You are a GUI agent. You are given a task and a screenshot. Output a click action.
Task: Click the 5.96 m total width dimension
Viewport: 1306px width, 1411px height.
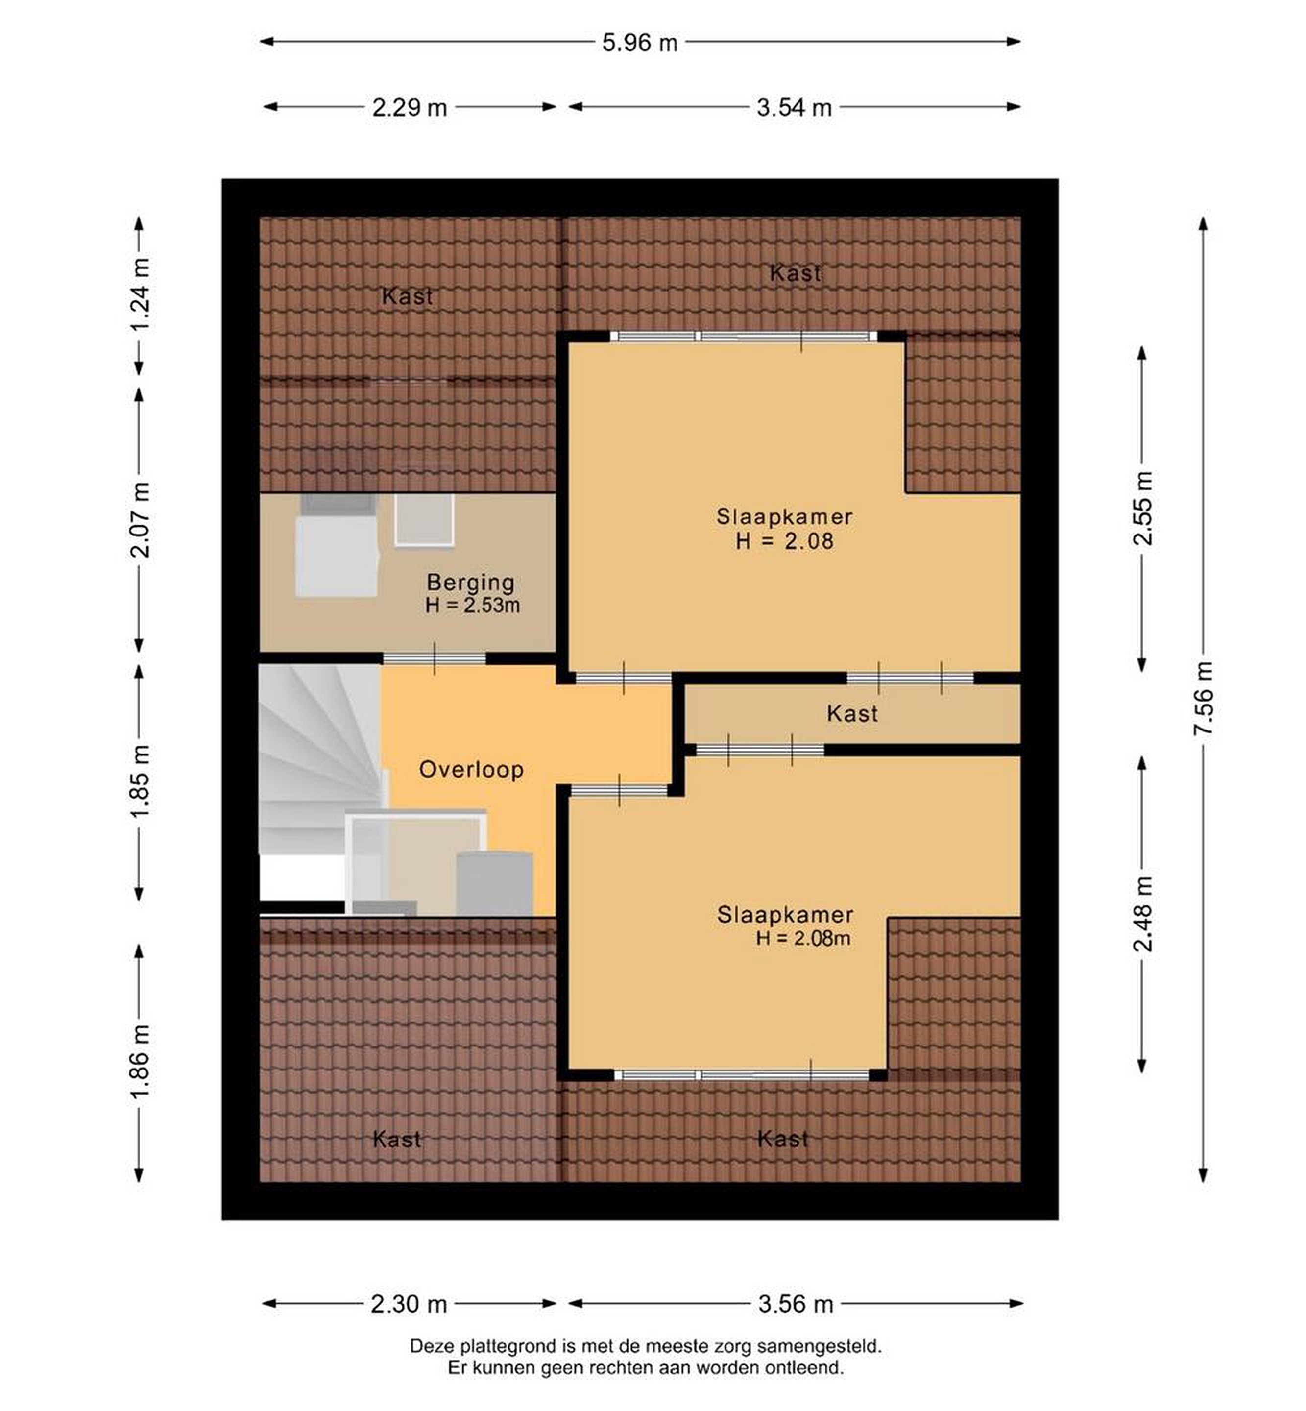point(640,43)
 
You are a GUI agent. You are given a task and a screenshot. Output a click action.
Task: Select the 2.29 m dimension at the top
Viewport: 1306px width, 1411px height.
point(410,107)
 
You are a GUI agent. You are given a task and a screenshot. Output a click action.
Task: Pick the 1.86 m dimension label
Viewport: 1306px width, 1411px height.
point(139,1061)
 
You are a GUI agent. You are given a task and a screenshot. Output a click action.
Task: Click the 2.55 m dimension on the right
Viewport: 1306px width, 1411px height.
point(1143,508)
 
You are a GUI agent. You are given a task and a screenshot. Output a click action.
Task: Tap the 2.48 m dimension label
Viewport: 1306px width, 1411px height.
point(1143,914)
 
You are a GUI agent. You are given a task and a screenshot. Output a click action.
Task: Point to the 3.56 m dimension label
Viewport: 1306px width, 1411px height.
point(796,1304)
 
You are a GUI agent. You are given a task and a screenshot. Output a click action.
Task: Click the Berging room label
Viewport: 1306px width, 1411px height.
point(471,583)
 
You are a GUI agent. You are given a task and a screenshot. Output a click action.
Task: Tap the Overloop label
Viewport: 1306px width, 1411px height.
point(471,769)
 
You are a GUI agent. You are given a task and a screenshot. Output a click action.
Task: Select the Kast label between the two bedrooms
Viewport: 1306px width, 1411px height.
point(852,713)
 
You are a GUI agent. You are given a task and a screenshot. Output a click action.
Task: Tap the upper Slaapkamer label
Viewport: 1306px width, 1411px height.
point(784,517)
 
